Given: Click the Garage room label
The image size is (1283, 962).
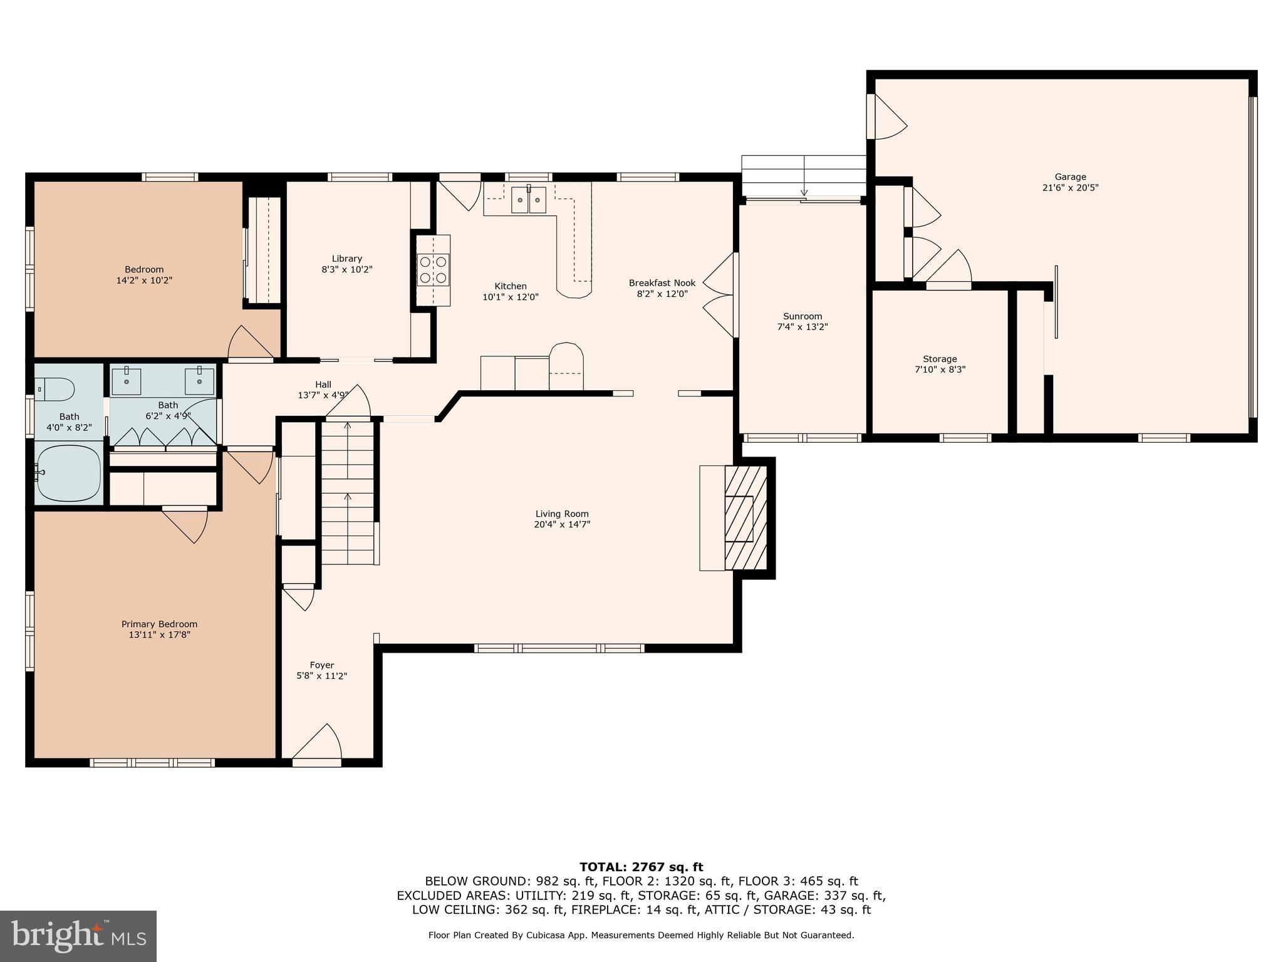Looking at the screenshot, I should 1070,177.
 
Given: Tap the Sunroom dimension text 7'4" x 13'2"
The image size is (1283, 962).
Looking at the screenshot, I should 803,327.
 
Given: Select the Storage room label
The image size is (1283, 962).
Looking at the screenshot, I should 940,359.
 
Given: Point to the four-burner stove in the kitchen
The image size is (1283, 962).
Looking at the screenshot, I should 434,270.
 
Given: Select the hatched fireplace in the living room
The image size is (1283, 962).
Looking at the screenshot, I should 745,518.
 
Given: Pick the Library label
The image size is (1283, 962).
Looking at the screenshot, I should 347,259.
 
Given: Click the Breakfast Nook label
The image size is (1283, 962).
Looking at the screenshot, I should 662,283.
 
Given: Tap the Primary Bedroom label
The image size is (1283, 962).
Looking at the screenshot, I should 159,624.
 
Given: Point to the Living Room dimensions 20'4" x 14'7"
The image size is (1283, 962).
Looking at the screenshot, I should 562,525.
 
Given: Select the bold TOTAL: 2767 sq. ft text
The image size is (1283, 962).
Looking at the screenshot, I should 641,867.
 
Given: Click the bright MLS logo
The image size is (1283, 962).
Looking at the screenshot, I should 78,936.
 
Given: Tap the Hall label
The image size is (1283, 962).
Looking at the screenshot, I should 323,385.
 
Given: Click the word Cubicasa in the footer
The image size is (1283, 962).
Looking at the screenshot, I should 548,935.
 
